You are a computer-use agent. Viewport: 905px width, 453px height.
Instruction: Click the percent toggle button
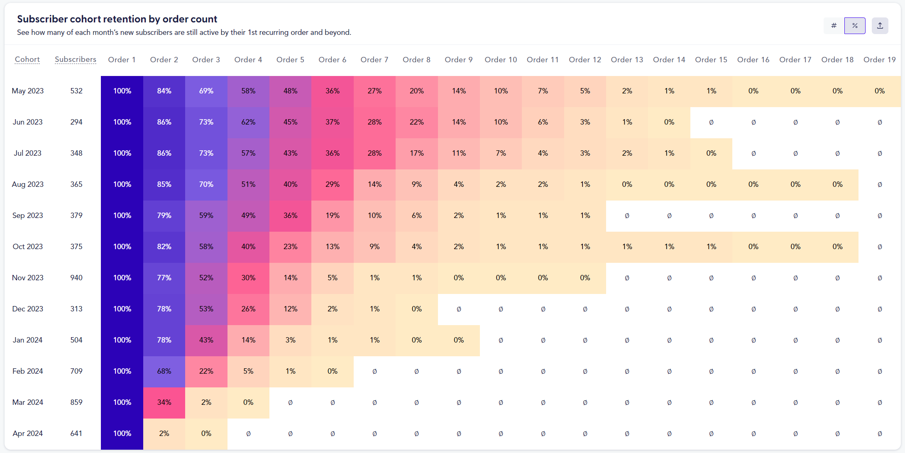[854, 26]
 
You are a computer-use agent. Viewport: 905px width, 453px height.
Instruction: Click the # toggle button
[834, 26]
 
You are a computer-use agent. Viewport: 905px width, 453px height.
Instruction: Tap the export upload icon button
[880, 26]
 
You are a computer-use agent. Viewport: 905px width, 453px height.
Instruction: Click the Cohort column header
[27, 59]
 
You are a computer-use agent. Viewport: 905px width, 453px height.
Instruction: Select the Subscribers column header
[76, 59]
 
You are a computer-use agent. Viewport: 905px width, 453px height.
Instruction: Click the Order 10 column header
[501, 59]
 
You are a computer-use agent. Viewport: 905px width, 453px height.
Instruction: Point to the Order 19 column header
[879, 59]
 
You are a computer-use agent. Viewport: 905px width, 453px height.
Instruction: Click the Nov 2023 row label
[27, 278]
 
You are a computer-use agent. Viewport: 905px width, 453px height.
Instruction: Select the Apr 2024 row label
[27, 433]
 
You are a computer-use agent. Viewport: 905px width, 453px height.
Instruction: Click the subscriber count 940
[76, 278]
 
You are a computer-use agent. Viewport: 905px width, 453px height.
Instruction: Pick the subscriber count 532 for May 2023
[76, 91]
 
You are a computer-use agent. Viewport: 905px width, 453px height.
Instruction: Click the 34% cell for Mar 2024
[164, 402]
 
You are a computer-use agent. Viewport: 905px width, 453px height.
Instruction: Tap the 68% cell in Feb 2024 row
[164, 371]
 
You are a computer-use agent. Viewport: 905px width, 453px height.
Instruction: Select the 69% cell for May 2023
[206, 91]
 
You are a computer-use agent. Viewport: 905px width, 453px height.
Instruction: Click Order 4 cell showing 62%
[248, 122]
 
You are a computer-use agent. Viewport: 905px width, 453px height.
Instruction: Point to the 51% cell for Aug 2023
[248, 184]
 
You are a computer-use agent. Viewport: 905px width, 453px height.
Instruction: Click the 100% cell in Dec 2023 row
[122, 309]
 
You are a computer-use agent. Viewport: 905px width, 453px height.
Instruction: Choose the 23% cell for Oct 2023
[290, 247]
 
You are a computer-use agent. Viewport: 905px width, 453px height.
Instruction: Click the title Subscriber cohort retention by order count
[117, 19]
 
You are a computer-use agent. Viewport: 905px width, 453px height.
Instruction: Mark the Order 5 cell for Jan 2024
[290, 340]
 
